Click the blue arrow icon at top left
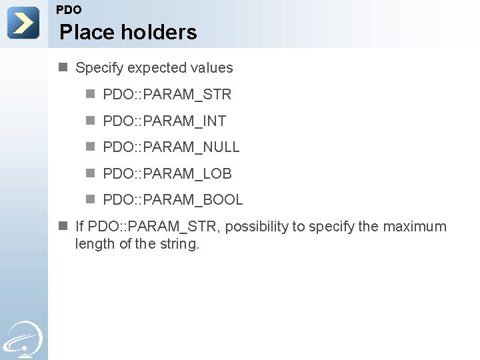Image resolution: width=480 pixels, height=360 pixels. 23,23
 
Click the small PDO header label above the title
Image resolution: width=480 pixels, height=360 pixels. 69,10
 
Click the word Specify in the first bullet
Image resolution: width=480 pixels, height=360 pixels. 99,68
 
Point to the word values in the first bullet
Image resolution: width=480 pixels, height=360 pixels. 212,68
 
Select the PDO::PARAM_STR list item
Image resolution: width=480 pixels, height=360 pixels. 167,95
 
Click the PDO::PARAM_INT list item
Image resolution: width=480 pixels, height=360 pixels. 165,121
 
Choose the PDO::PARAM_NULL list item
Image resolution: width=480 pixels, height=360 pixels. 171,147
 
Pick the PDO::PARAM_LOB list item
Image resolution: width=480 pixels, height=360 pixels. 167,174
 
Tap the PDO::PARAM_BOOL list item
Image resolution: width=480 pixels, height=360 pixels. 173,200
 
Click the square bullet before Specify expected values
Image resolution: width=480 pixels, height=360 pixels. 63,67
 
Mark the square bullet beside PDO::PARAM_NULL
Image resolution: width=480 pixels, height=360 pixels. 91,147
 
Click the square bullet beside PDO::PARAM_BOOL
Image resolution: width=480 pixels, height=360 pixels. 91,199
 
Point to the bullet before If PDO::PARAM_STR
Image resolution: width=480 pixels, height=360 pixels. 63,226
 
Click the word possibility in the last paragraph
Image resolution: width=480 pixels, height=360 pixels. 256,227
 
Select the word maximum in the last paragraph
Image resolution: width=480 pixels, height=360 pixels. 415,227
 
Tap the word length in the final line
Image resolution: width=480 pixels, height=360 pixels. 94,244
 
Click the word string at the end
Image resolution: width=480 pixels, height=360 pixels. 179,244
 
